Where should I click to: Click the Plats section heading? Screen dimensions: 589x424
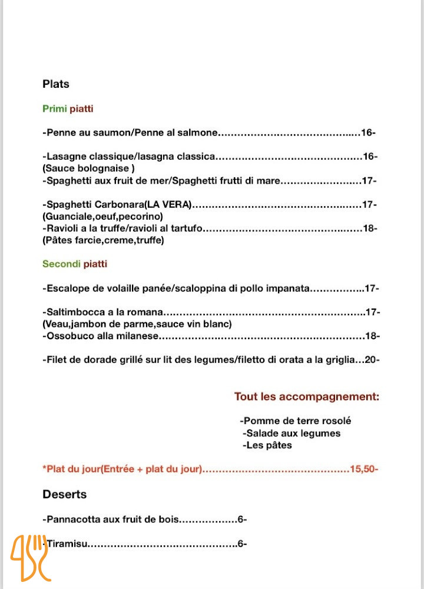tap(56, 84)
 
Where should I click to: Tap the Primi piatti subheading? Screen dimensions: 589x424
tap(68, 109)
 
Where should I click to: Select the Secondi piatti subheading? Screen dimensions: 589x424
tap(75, 264)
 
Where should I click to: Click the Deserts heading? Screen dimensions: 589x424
tap(65, 494)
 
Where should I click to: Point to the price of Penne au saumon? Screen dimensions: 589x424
tap(367, 133)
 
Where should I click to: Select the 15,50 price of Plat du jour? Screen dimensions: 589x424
tap(363, 469)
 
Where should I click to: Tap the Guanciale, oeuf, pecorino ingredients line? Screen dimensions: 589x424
tap(102, 217)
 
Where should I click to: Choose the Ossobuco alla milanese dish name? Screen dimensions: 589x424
tap(101, 336)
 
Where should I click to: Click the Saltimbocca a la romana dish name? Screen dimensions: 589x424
tap(104, 312)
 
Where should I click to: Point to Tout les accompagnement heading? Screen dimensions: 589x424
tap(307, 397)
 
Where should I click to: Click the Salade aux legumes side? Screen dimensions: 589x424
tap(291, 434)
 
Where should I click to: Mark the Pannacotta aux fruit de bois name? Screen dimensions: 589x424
tap(110, 520)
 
